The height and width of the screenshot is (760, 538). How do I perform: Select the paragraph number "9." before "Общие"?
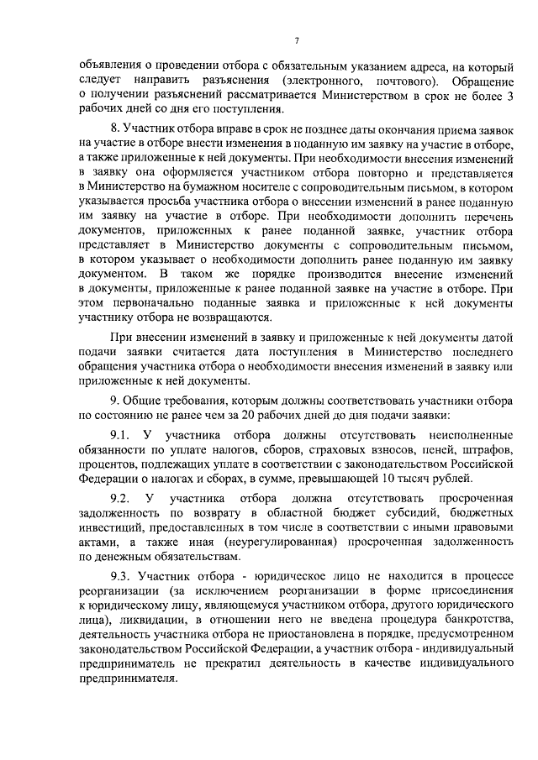(x=115, y=401)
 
